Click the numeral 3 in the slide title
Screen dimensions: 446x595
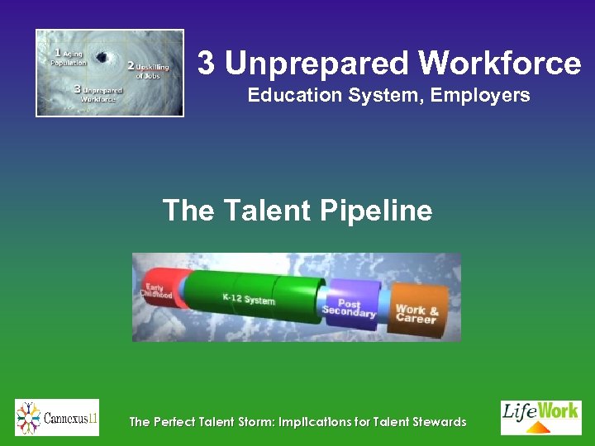click(x=207, y=64)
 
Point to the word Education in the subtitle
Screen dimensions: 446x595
click(x=289, y=96)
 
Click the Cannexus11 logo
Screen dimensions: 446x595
click(x=57, y=418)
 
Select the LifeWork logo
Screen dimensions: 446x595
click(x=540, y=417)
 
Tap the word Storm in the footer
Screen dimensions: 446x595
click(x=240, y=422)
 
